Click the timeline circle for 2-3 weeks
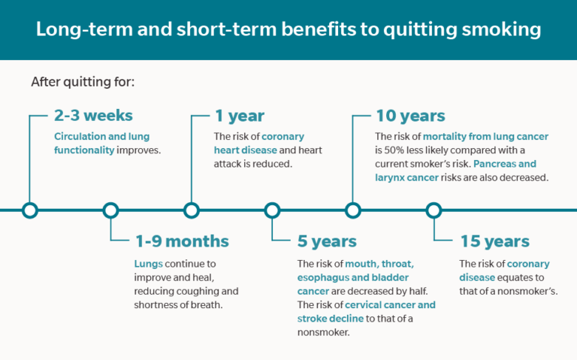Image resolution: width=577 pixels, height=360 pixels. point(29,210)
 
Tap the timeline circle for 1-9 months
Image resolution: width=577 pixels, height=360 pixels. point(110,210)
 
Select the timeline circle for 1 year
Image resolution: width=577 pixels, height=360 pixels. point(192,210)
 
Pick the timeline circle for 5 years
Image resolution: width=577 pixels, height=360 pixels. point(272,210)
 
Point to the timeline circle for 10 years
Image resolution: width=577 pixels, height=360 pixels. point(352,210)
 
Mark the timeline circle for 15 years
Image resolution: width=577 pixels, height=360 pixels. point(434,210)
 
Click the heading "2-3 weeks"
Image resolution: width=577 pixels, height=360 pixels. point(93,116)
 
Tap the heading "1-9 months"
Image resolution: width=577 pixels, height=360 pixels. point(182,242)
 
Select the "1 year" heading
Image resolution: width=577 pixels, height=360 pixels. point(240,116)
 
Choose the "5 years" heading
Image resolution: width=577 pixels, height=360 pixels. point(327,242)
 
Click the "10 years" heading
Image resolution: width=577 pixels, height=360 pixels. point(410,116)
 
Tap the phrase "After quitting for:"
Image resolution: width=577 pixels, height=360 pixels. point(83,81)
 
